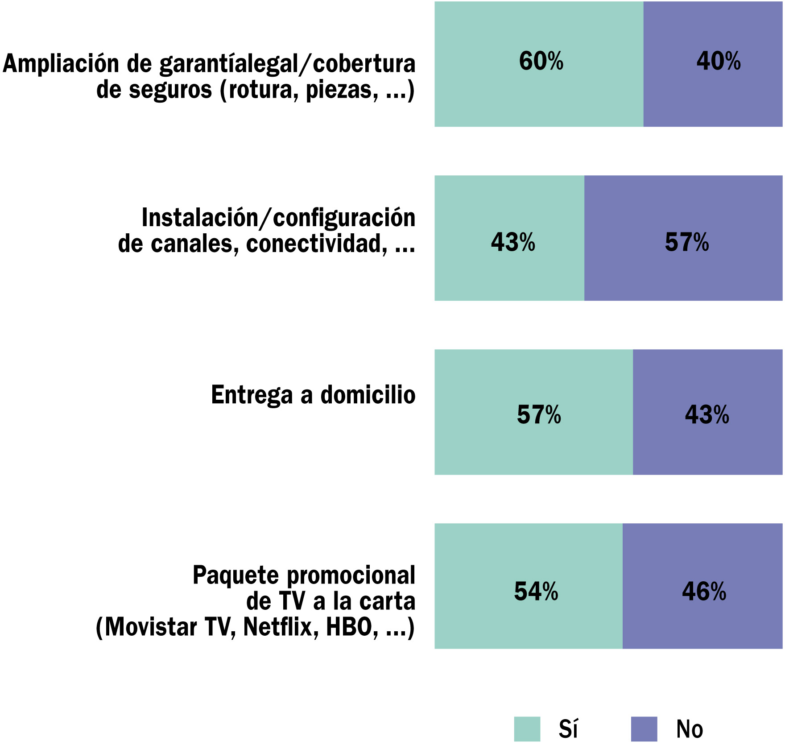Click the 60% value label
pyautogui.click(x=541, y=61)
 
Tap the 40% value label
pyautogui.click(x=718, y=61)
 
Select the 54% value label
pyautogui.click(x=536, y=592)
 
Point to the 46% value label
pyautogui.click(x=704, y=592)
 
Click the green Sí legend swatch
pyautogui.click(x=527, y=729)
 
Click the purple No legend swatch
pyautogui.click(x=644, y=729)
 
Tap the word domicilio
pyautogui.click(x=368, y=395)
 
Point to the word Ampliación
pyautogui.click(x=62, y=64)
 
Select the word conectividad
pyautogui.click(x=316, y=244)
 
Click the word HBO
pyautogui.click(x=349, y=627)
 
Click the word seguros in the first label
pyautogui.click(x=170, y=90)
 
